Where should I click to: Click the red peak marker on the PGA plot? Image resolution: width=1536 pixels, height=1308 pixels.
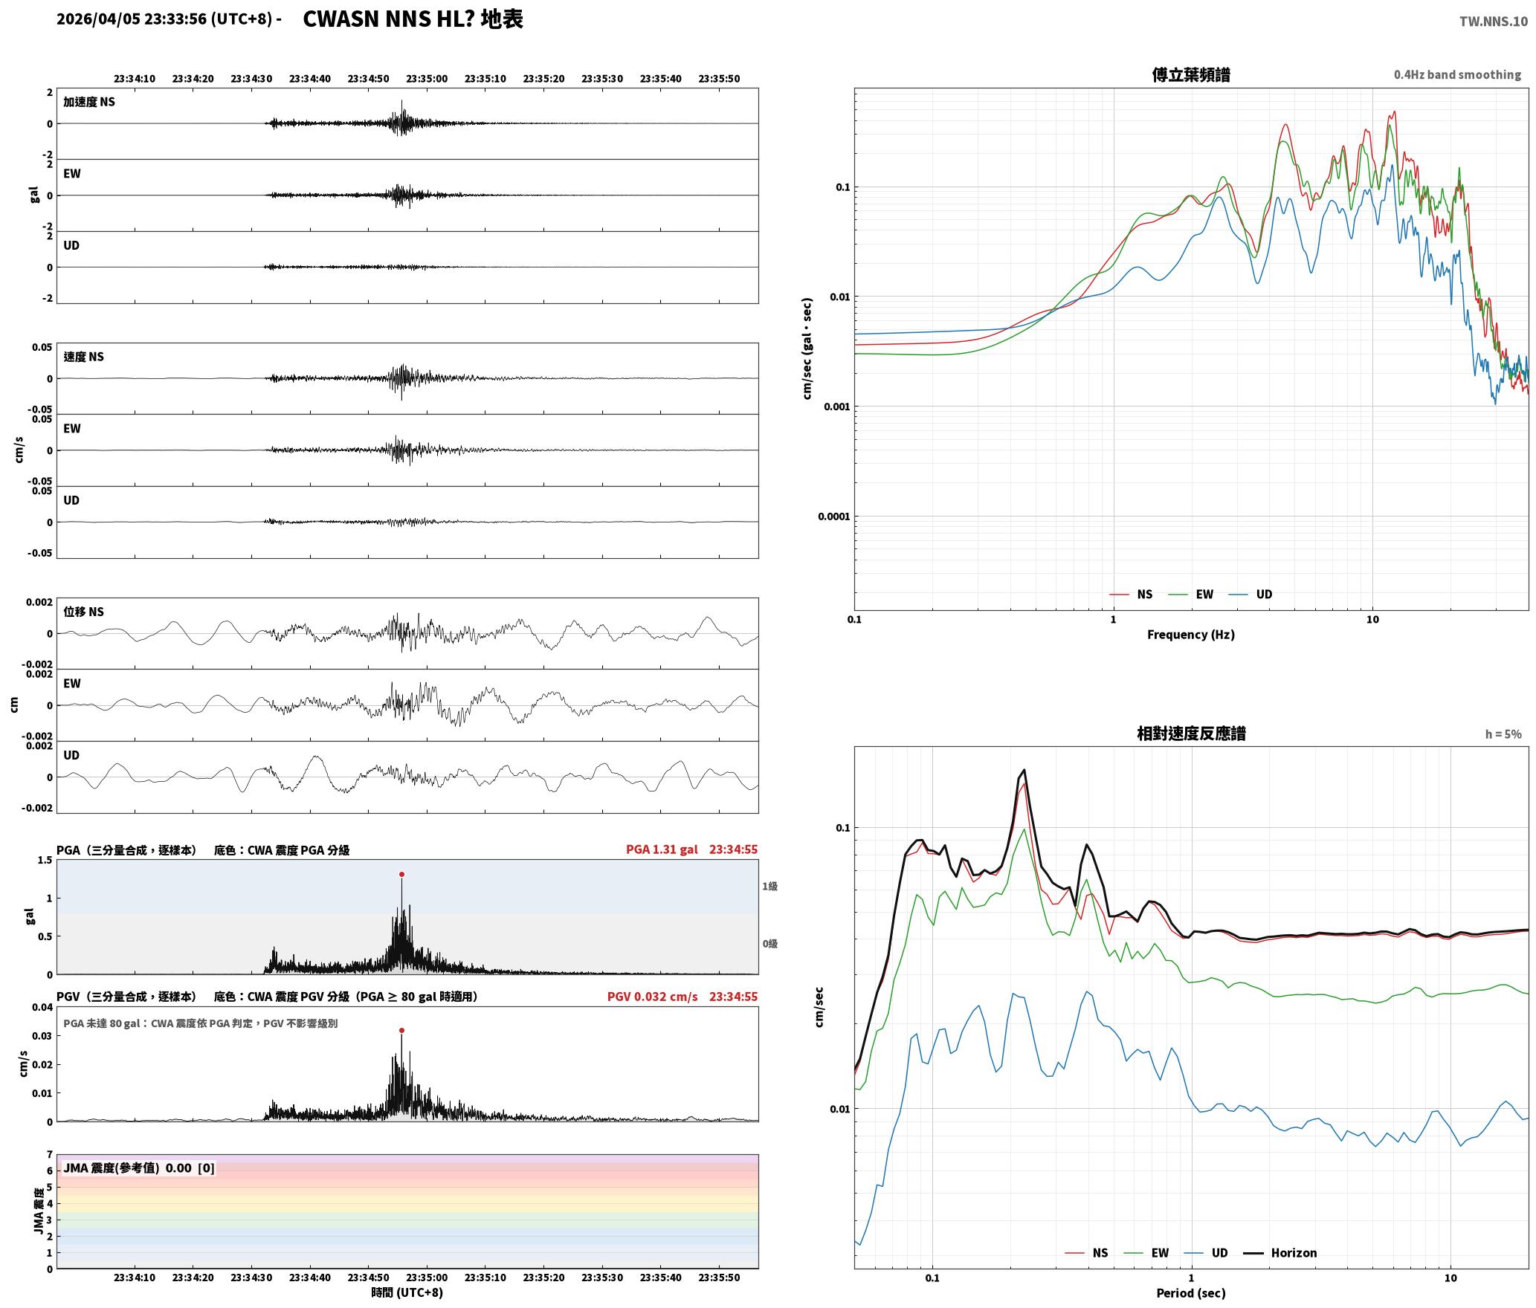pyautogui.click(x=401, y=874)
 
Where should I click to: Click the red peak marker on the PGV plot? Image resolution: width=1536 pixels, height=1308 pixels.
pyautogui.click(x=401, y=1030)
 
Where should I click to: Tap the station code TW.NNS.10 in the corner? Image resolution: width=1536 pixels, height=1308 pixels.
pyautogui.click(x=1493, y=21)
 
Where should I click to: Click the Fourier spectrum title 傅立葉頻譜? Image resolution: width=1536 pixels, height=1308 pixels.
pyautogui.click(x=1190, y=74)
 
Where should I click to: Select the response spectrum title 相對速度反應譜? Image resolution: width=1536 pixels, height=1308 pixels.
pyautogui.click(x=1191, y=733)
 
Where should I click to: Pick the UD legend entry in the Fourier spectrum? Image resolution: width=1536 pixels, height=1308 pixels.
pyautogui.click(x=1251, y=594)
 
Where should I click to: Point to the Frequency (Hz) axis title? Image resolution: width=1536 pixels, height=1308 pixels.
pyautogui.click(x=1190, y=634)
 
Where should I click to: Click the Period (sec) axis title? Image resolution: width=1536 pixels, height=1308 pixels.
pyautogui.click(x=1190, y=1292)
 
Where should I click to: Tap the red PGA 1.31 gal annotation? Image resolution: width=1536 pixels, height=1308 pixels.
pyautogui.click(x=662, y=849)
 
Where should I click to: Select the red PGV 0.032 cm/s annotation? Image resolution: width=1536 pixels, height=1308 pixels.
pyautogui.click(x=652, y=997)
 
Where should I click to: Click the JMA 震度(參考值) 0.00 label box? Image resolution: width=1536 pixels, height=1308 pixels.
pyautogui.click(x=139, y=1168)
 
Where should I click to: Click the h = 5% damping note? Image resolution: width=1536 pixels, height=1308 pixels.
pyautogui.click(x=1503, y=734)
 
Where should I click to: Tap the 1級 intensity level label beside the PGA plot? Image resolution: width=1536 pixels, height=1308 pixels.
pyautogui.click(x=769, y=886)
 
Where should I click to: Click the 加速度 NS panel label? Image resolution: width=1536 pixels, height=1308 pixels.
pyautogui.click(x=89, y=102)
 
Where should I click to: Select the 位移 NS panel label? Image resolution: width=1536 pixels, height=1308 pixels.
pyautogui.click(x=83, y=612)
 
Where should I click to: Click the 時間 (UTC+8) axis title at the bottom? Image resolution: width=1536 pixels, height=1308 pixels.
pyautogui.click(x=407, y=1292)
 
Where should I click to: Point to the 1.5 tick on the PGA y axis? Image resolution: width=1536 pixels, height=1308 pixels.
pyautogui.click(x=45, y=860)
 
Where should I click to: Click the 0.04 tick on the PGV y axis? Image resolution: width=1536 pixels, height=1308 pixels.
pyautogui.click(x=42, y=1007)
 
